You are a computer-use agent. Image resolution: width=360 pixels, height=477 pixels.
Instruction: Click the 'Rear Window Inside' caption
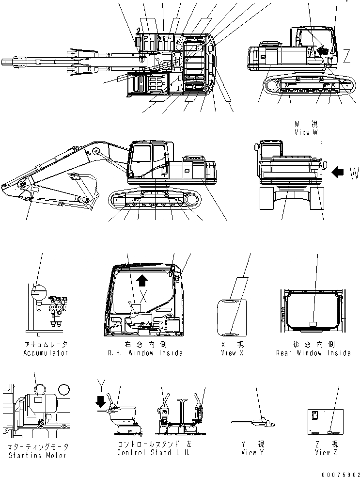(x=313, y=353)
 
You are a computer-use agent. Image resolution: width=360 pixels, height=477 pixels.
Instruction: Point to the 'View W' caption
(x=305, y=132)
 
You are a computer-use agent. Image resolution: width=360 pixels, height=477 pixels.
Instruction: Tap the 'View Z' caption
(x=322, y=452)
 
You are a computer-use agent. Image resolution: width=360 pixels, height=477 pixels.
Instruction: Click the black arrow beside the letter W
(x=339, y=171)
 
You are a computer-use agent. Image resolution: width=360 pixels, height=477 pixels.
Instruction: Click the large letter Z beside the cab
(x=347, y=57)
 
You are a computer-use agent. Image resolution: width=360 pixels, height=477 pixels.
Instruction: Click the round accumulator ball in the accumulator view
(x=37, y=292)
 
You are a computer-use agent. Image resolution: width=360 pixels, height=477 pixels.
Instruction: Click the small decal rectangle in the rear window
(x=313, y=323)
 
